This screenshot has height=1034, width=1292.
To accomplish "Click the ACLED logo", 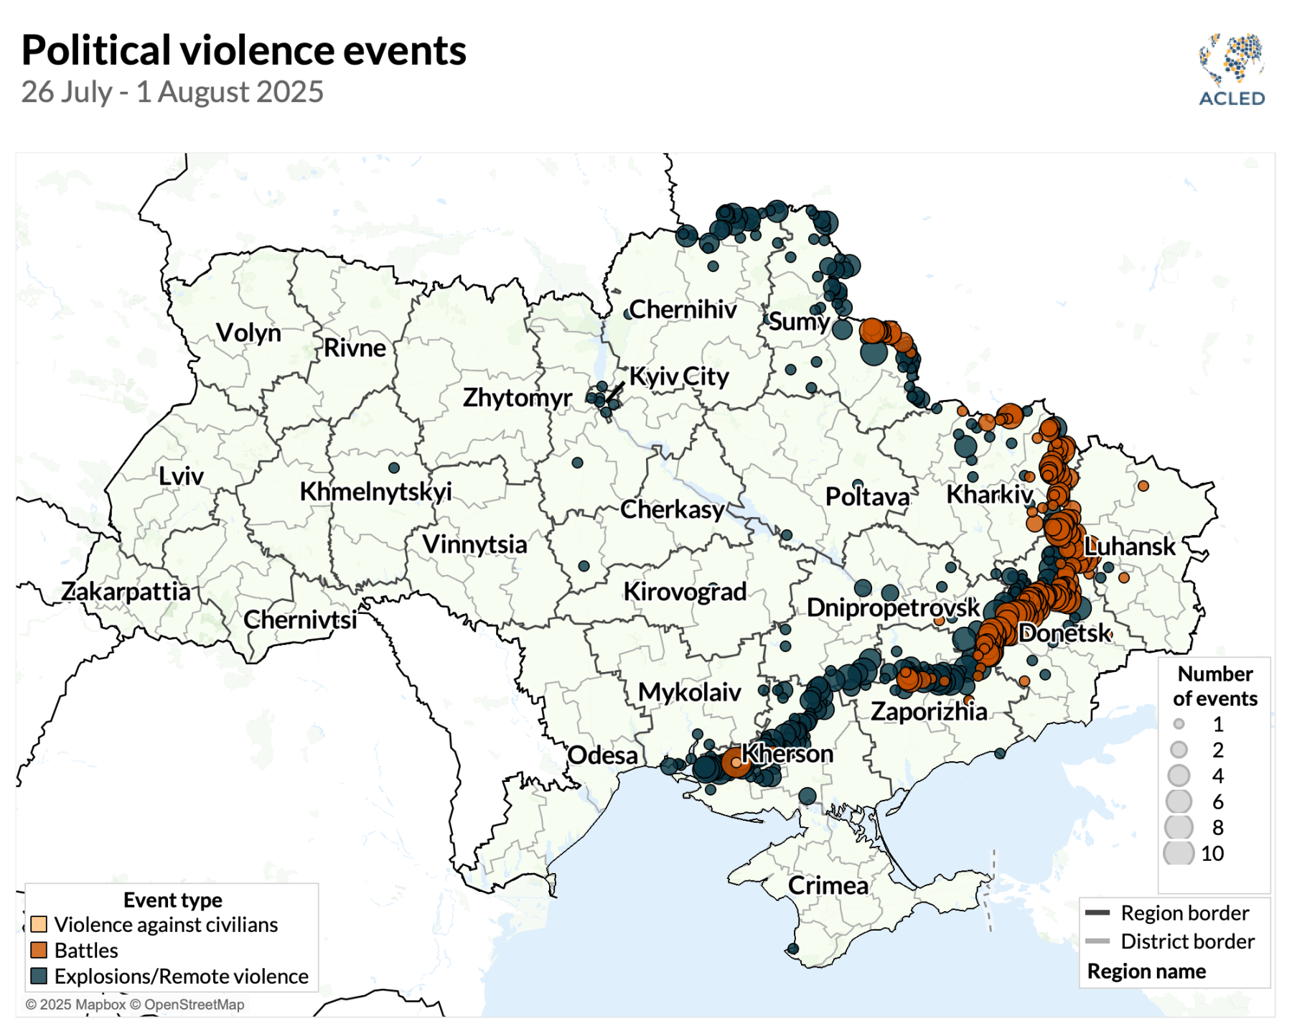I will pos(1232,70).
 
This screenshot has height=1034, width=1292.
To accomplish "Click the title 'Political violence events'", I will pos(244,50).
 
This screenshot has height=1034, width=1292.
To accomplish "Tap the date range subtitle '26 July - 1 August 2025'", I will pos(172,92).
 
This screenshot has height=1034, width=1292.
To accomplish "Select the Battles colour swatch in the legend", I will pos(39,950).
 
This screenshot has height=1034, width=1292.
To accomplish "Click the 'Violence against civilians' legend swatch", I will pos(39,924).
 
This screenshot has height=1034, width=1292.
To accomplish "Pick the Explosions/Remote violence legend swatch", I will pos(39,976).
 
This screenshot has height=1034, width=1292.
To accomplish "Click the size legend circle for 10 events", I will pos(1179,853).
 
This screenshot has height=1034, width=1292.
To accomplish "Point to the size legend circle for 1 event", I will pos(1179,724).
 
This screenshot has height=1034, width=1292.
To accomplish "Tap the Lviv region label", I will pos(181,476).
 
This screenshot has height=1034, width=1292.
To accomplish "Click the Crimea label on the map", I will pos(828,885).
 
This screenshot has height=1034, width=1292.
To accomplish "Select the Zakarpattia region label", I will pos(126,592).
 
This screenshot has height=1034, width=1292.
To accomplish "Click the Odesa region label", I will pos(602,755).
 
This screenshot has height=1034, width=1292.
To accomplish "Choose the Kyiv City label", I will pos(679,376).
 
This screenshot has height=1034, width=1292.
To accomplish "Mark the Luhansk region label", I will pos(1129,546).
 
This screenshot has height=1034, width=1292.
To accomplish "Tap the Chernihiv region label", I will pos(683,309).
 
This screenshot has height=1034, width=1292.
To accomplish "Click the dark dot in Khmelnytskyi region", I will pos(394,467).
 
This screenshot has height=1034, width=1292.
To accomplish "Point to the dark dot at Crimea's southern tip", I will pos(793,949).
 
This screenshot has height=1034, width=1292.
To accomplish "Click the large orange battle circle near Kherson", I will pos(736,762).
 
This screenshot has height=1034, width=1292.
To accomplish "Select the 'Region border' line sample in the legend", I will pos(1097,913).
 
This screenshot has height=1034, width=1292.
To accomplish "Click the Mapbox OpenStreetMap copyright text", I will pos(135,1005).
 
